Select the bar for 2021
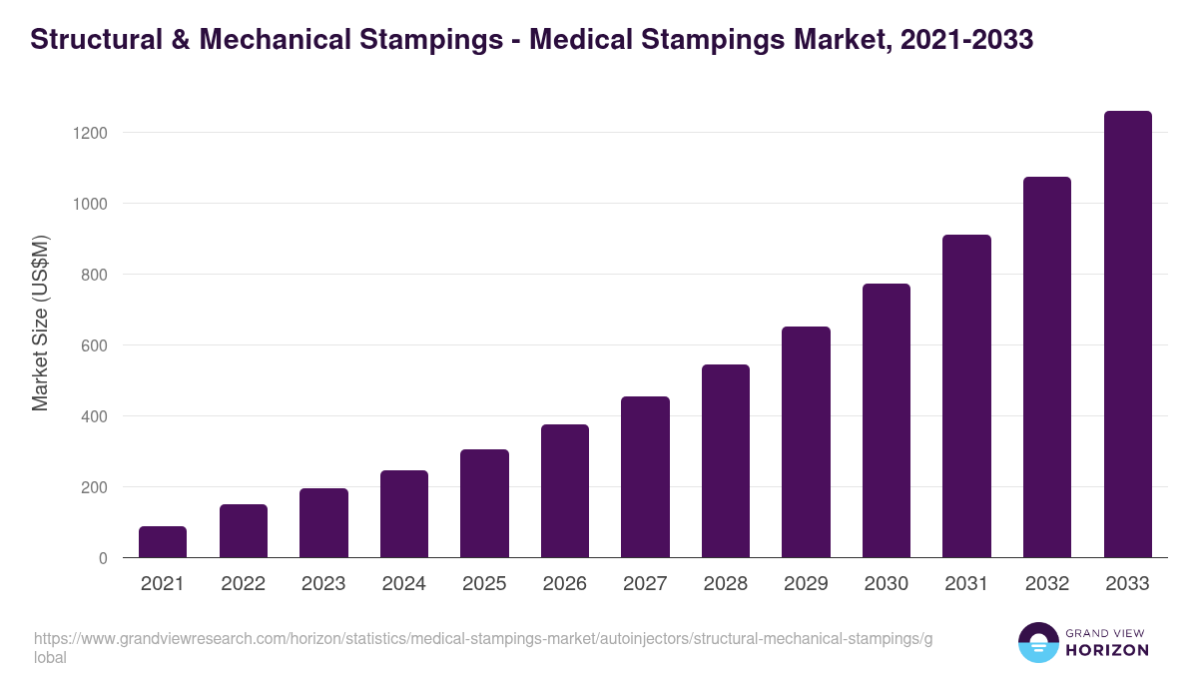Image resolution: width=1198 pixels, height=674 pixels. point(163,541)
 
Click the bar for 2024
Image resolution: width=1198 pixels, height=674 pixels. point(403,513)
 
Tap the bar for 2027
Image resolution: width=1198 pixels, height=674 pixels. point(645,476)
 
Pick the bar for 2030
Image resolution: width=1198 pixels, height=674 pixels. point(887,420)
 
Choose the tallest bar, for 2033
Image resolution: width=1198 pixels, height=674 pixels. point(1127,334)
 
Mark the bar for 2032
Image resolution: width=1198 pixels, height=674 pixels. point(1047,366)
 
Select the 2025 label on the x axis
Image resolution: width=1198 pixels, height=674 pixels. point(484,584)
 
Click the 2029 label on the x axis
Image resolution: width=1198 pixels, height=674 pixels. point(806,584)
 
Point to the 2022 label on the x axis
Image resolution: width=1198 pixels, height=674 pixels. point(243,584)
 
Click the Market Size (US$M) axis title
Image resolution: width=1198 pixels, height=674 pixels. point(40,323)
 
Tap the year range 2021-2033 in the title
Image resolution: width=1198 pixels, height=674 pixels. point(966,40)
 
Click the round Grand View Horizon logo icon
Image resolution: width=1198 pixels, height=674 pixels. point(1038,642)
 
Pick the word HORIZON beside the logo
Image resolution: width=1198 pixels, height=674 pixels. point(1107,650)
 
